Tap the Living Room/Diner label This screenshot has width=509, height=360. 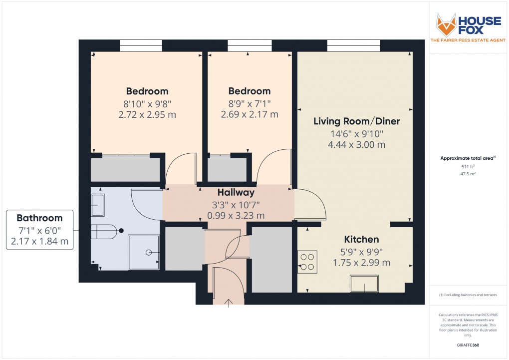point(356,121)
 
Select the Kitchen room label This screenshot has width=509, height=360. point(361,240)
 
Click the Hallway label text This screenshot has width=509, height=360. point(236,193)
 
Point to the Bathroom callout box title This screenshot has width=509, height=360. point(40,218)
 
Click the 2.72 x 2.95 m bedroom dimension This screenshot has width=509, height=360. point(147,115)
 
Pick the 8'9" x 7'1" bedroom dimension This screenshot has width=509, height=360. point(249,103)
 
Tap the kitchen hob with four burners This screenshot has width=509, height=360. point(307,261)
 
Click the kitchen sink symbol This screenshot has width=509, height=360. point(364,284)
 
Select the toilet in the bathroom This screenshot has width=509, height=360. point(106,231)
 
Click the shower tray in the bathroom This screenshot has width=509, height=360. point(144,253)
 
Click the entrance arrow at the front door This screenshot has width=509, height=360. point(229,302)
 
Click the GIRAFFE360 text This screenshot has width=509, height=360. point(469,345)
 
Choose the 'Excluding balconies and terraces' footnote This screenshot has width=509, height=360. point(468,295)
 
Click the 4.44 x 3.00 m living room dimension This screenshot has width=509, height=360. point(356,145)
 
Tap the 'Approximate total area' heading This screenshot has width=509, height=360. point(467,158)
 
